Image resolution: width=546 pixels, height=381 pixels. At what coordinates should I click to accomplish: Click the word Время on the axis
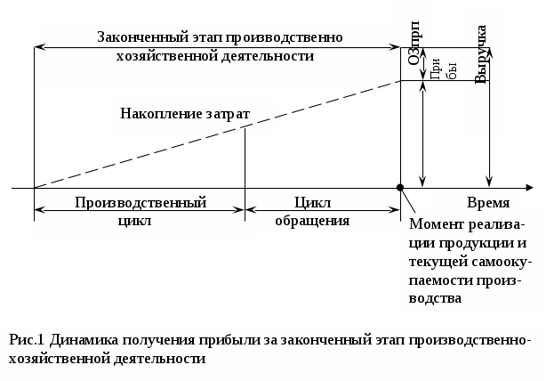489,202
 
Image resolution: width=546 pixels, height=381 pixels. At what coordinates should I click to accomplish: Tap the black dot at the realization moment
400,188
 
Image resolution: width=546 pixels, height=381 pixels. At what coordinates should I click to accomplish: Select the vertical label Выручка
481,54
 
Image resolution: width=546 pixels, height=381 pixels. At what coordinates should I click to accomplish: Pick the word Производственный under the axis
141,202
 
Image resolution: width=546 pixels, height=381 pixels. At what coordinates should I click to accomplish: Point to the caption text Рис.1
27,340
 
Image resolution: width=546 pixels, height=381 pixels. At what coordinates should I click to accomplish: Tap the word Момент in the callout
438,224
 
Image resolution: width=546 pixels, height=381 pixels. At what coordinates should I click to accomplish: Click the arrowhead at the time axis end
529,188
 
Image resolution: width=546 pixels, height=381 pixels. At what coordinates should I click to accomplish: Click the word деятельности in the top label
270,55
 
